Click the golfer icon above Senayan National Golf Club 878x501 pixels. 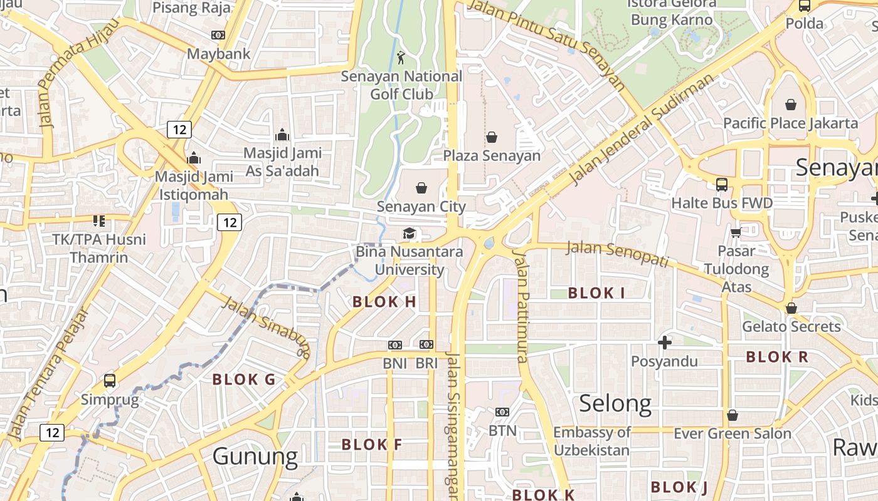(401, 58)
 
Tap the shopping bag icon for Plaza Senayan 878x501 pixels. (492, 137)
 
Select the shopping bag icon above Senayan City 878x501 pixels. (421, 187)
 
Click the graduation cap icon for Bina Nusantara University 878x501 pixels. (409, 234)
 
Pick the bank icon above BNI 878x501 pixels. (394, 345)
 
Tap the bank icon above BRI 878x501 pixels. (426, 344)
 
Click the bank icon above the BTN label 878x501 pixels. (502, 412)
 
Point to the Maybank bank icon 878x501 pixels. (218, 35)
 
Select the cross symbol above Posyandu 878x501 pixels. (664, 343)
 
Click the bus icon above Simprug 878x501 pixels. (109, 380)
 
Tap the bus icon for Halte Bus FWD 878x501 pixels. (722, 185)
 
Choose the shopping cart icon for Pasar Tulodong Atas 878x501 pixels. (736, 233)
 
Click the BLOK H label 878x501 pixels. (384, 302)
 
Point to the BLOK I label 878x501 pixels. (596, 292)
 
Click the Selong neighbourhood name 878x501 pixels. (615, 404)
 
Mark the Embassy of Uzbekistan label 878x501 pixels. (591, 441)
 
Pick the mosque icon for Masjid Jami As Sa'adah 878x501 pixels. (282, 135)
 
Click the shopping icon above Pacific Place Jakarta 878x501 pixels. (790, 105)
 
